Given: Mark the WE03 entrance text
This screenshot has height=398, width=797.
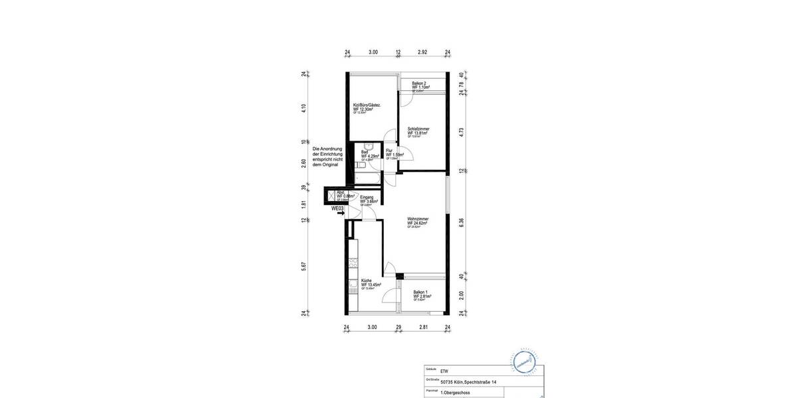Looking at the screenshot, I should pos(337,208).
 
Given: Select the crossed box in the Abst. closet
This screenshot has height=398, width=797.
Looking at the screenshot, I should pos(331,196).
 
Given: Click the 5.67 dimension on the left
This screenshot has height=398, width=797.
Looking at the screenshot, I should pos(304,266).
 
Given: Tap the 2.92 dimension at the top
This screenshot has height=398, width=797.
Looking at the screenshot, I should pos(422,52).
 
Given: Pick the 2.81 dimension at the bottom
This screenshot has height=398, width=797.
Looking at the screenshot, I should pos(424,327).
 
